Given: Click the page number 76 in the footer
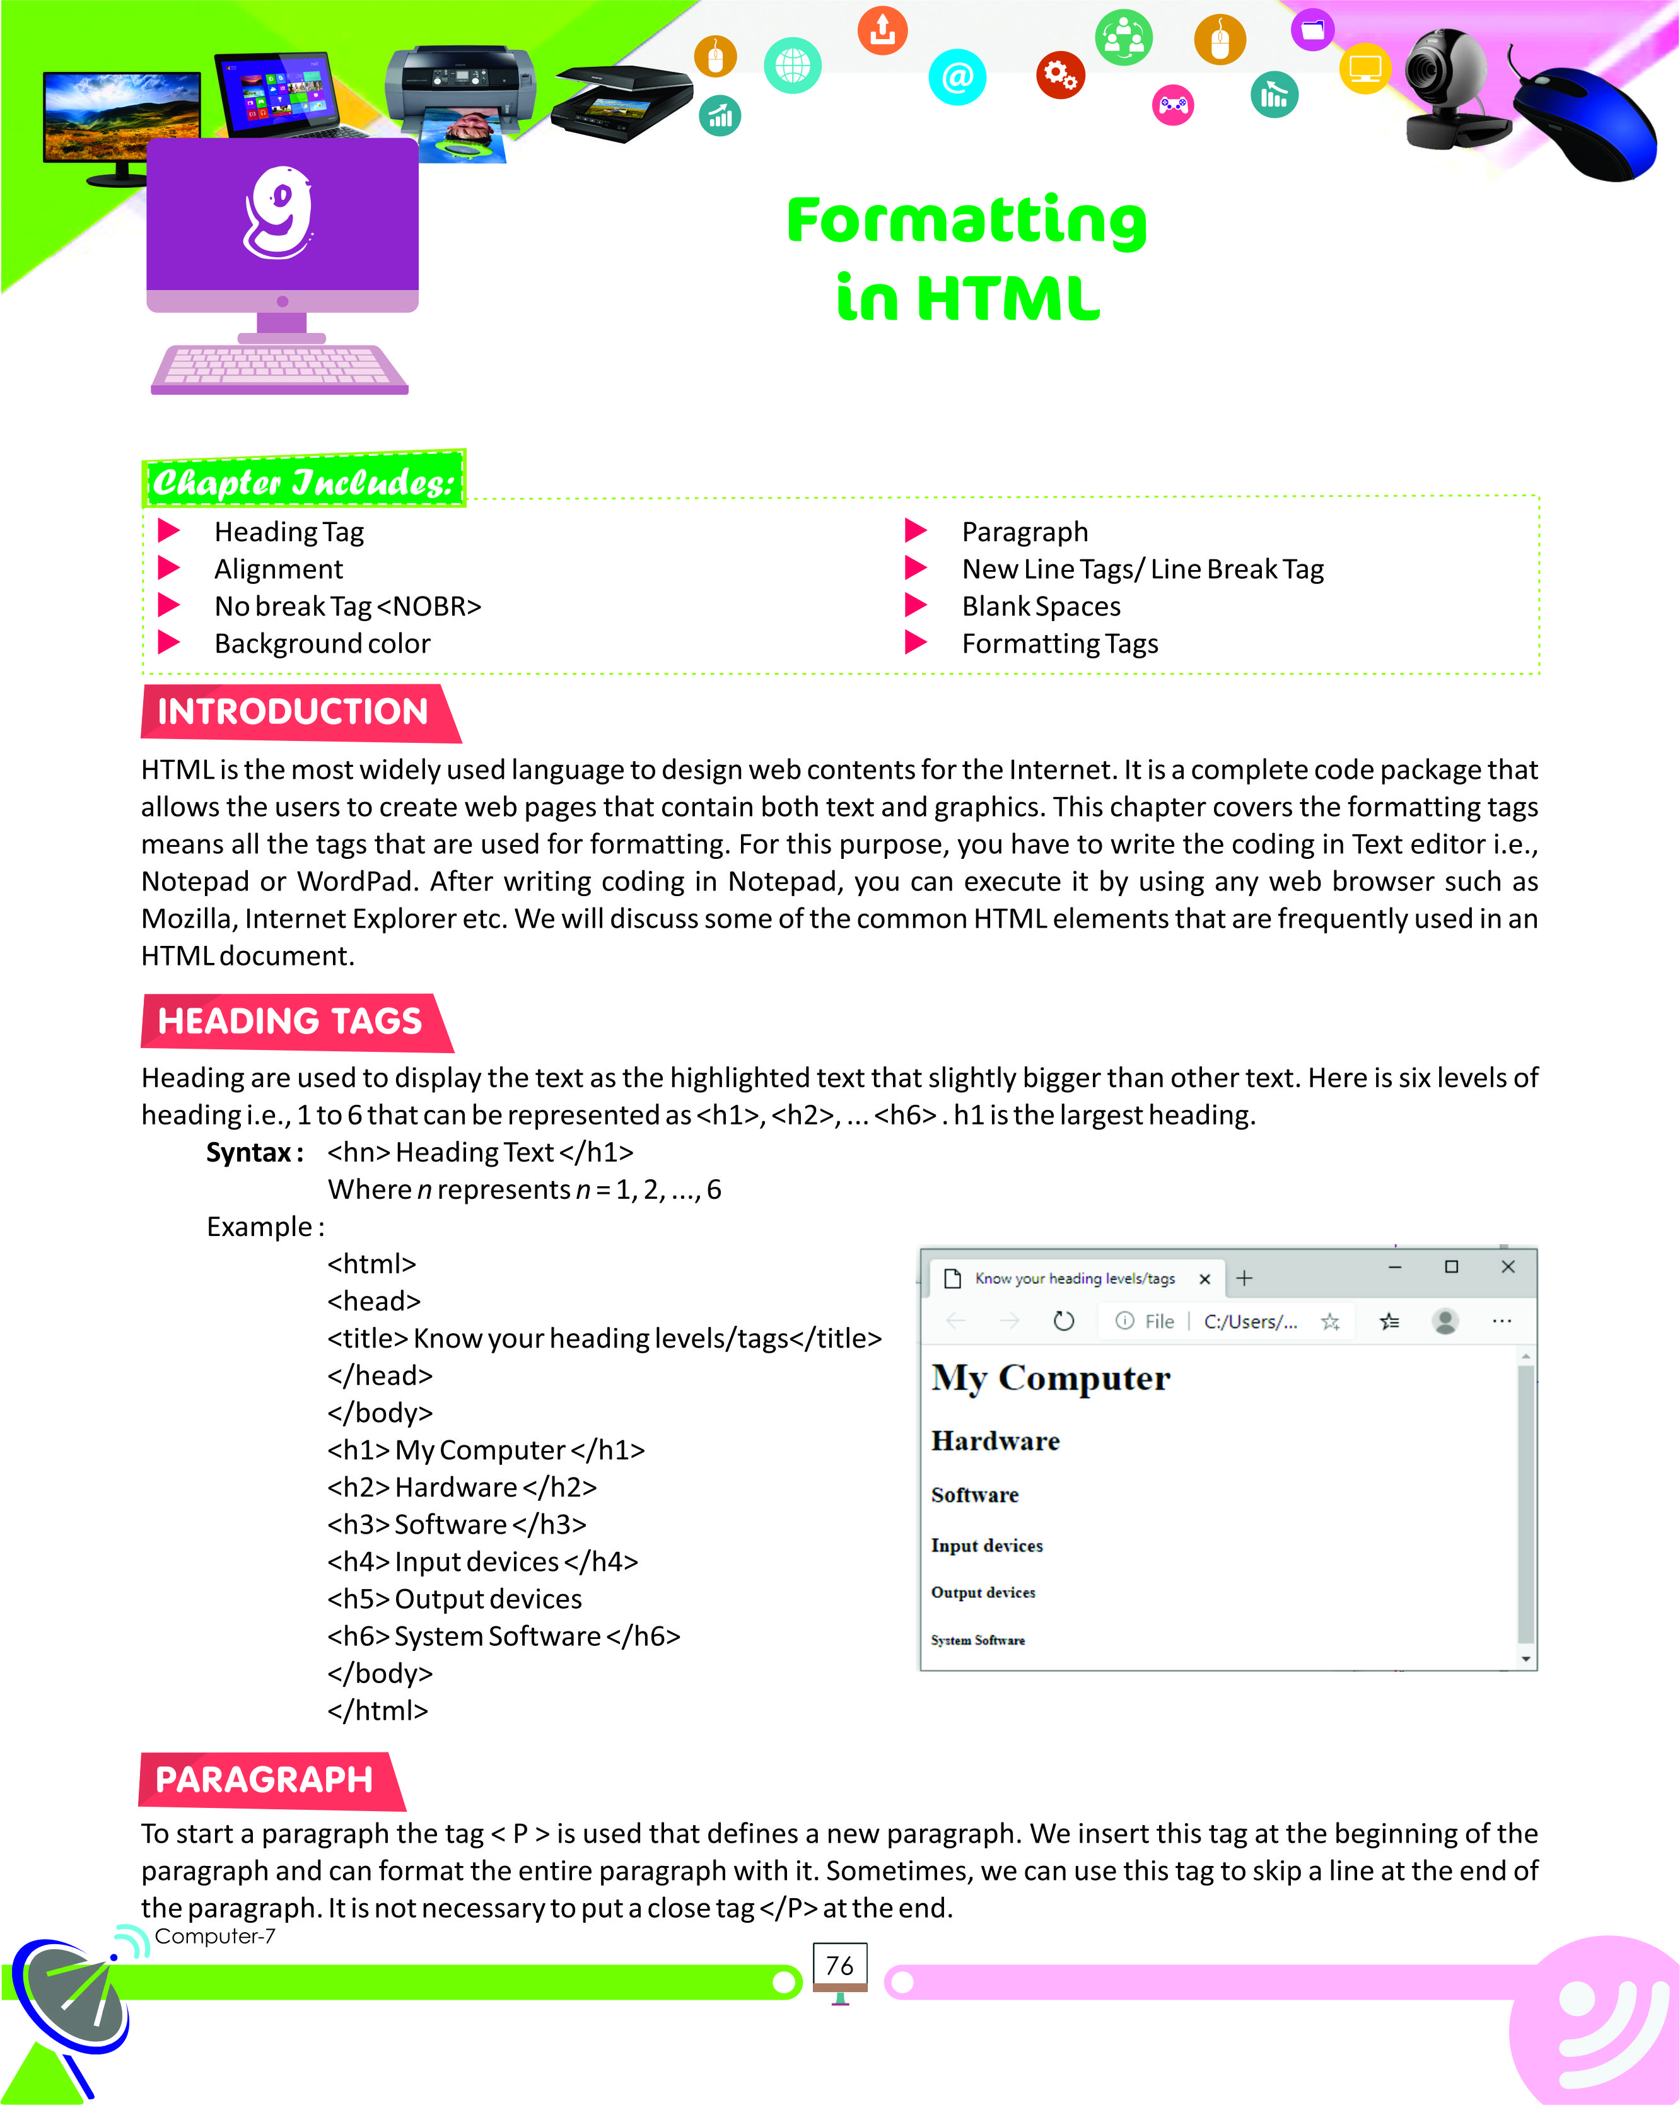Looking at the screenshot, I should (839, 1966).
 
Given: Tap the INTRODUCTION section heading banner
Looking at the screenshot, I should (293, 712).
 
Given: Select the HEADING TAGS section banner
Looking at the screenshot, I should (290, 1021).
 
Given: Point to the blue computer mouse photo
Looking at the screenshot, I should (1585, 123).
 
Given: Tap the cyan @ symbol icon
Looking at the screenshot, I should (958, 77).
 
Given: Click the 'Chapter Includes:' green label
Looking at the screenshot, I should (303, 481).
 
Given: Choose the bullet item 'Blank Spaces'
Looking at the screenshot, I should (1041, 606).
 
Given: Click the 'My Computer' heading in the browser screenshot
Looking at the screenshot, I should (1051, 1378).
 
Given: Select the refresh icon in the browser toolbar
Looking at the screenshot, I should (1064, 1321).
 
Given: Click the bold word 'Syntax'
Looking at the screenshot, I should (249, 1153).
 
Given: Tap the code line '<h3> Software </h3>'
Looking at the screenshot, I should (457, 1525).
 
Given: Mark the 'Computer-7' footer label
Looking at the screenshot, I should (215, 1936).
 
